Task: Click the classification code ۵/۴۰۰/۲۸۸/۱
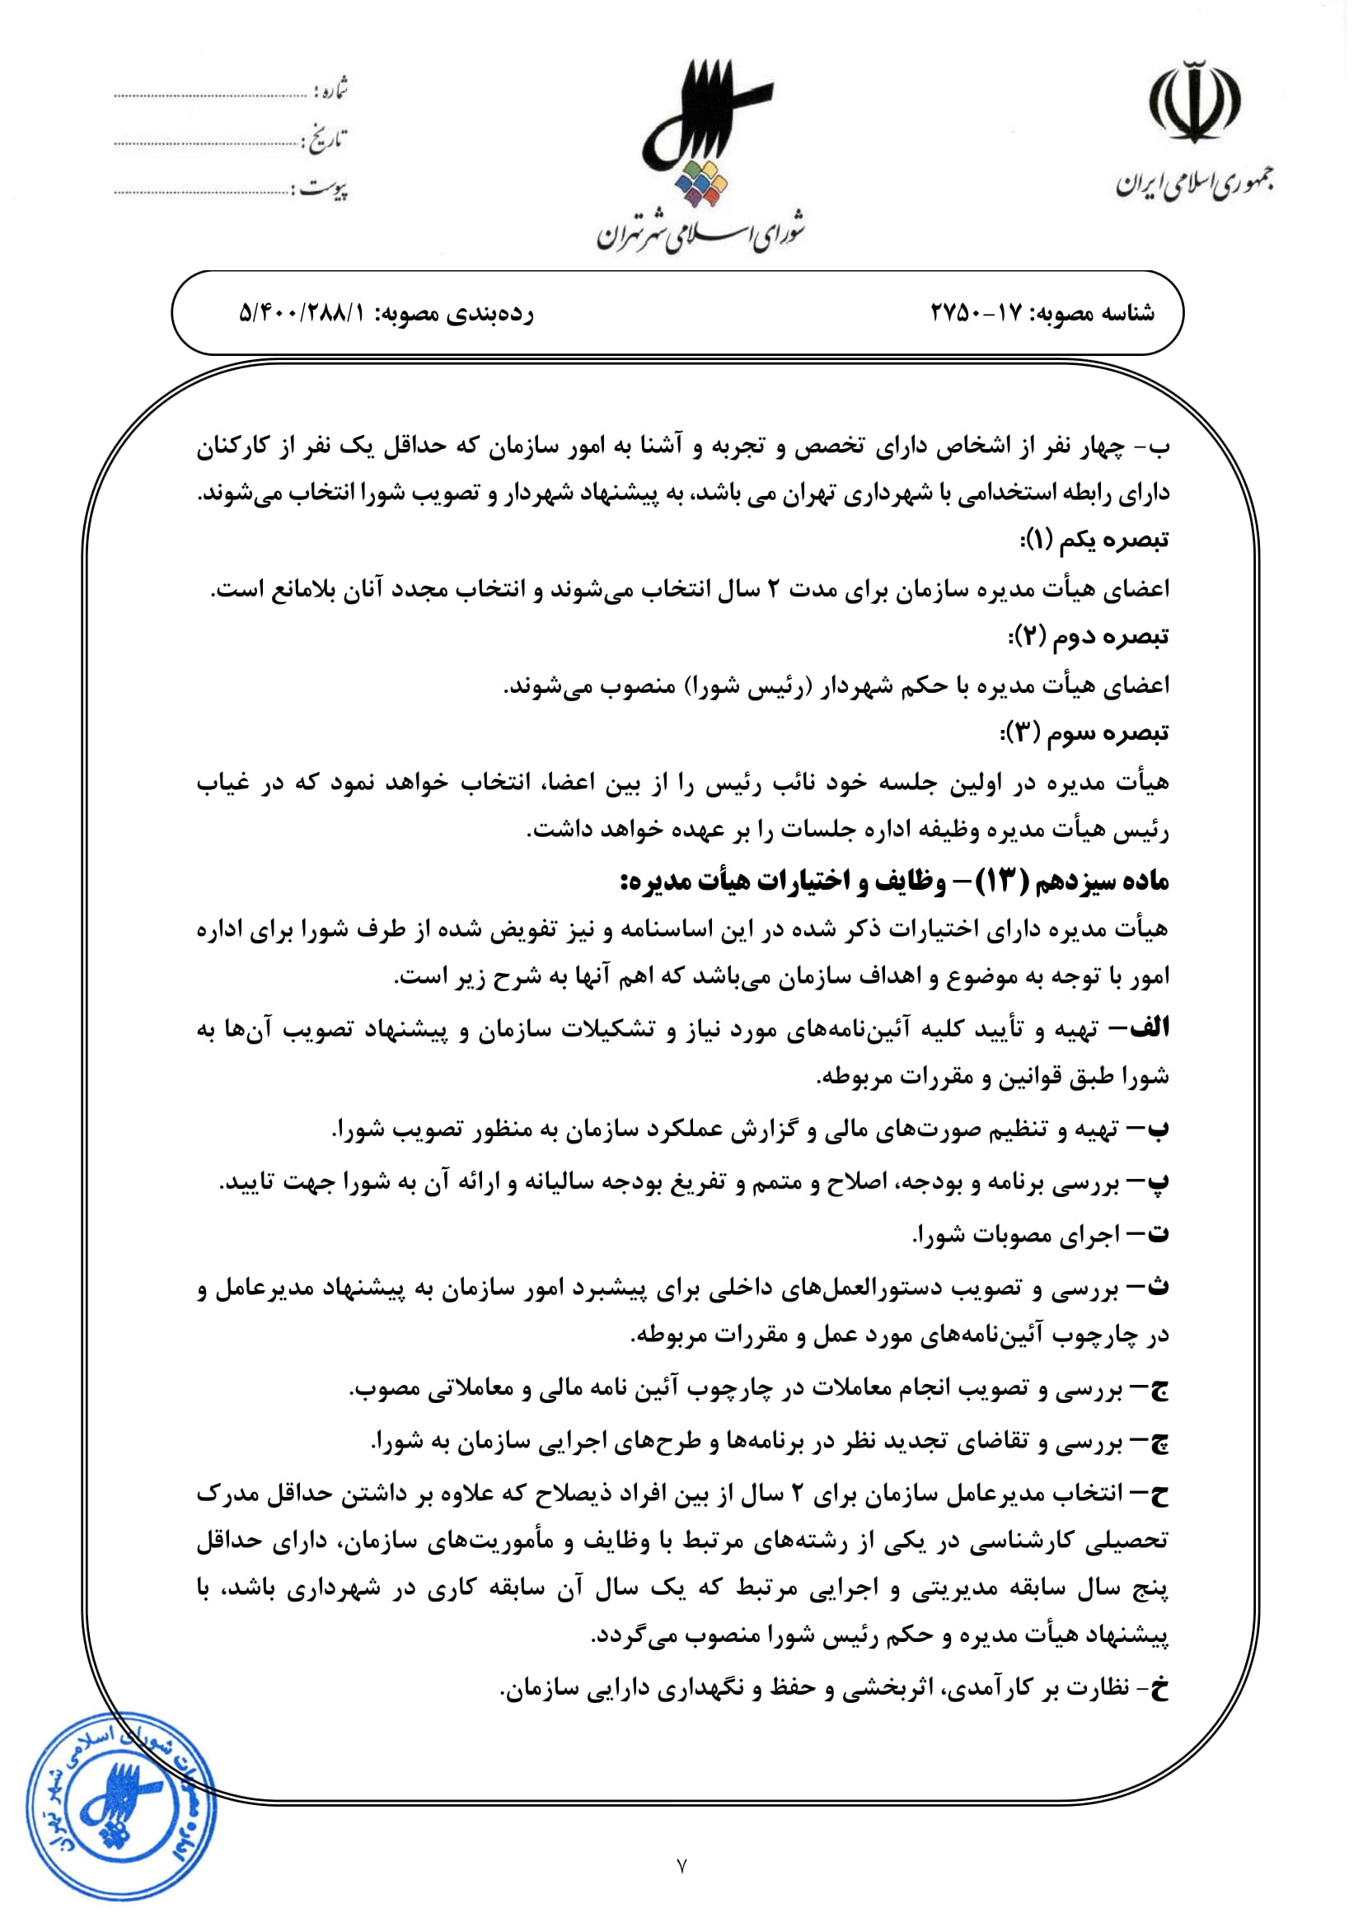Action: [x=303, y=313]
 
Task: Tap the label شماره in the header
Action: [x=331, y=89]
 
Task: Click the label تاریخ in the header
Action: [x=326, y=139]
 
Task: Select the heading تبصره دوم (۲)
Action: [x=1088, y=636]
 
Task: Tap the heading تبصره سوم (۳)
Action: [x=1084, y=732]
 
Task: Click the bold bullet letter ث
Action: [x=1158, y=1287]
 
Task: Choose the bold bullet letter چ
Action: [x=1158, y=1442]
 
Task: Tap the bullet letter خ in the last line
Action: [x=1160, y=1688]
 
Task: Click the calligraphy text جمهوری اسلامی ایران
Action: [x=1193, y=184]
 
